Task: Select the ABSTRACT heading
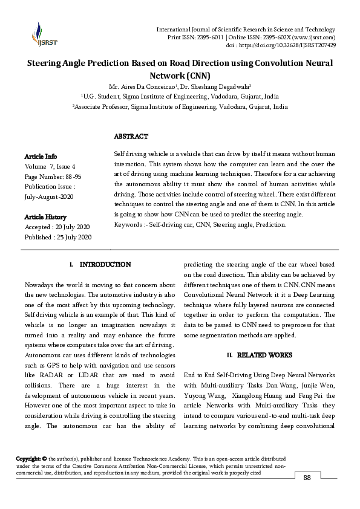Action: [x=131, y=137]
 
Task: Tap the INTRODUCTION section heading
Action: [x=105, y=265]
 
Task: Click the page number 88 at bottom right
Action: [x=307, y=478]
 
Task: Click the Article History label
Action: [x=45, y=216]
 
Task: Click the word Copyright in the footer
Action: [x=28, y=459]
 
